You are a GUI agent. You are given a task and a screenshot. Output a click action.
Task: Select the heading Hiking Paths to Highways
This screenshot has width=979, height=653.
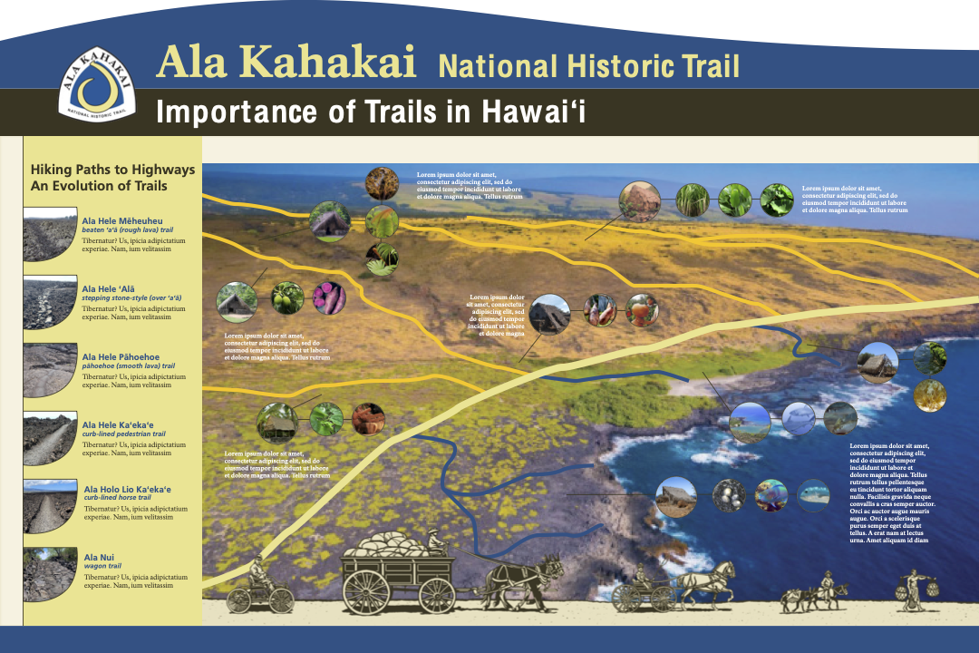point(112,169)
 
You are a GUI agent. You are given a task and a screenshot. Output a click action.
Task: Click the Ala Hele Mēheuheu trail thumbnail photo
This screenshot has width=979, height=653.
point(50,234)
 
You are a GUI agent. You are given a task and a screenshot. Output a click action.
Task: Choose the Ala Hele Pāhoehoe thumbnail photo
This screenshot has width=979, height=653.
point(50,370)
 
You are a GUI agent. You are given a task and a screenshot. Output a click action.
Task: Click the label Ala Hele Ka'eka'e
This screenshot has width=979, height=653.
point(118,424)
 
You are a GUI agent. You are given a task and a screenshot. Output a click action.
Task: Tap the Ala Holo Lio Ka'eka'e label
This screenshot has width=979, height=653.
point(127,489)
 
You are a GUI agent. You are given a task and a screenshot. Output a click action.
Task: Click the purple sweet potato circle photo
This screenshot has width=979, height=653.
point(328,297)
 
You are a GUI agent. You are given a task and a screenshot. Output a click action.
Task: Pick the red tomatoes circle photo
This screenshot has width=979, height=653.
point(642,311)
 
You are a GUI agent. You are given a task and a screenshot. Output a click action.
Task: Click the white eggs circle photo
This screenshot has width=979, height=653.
point(730,494)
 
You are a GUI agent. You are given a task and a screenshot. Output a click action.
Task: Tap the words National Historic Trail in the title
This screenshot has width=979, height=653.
point(588,66)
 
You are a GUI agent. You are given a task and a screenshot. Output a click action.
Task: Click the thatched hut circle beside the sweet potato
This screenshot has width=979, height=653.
point(237,302)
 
